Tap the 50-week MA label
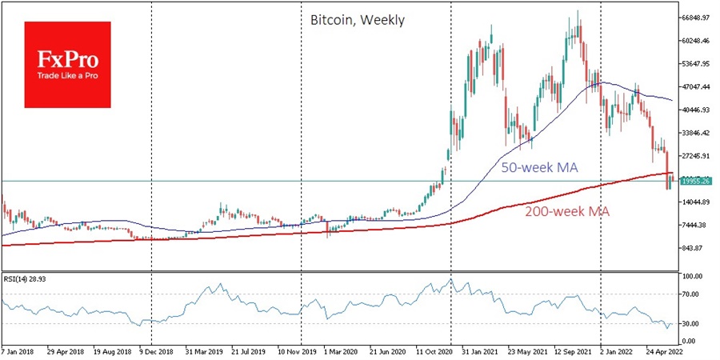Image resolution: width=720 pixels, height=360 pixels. (538, 168)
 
